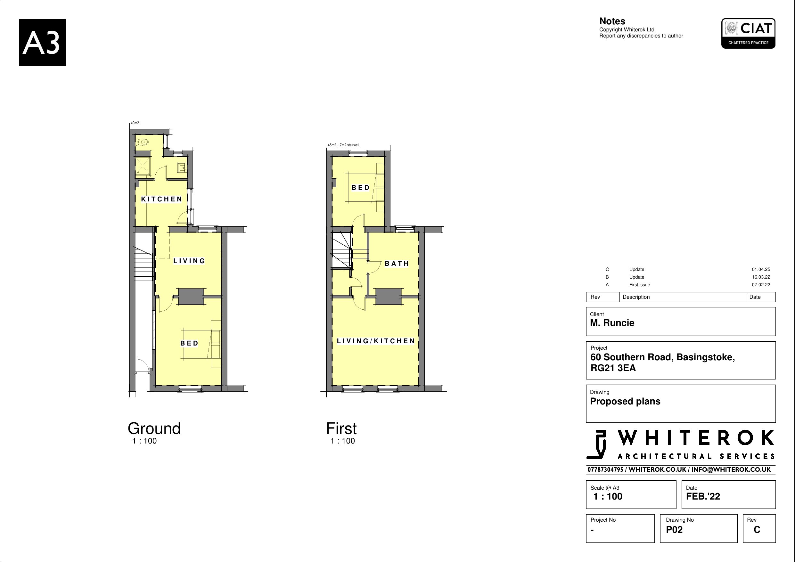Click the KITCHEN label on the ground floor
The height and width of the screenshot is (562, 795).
[161, 199]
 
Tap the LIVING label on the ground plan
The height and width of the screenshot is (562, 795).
[189, 261]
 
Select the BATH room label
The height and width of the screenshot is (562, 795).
[397, 264]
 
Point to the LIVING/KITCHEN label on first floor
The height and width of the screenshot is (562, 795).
[376, 341]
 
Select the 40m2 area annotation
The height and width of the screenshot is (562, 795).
[135, 123]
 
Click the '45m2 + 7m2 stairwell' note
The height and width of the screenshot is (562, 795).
[343, 145]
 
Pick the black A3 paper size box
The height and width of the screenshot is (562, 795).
[42, 43]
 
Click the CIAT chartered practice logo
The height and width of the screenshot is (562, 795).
[748, 34]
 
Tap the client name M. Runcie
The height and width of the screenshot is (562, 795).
[612, 323]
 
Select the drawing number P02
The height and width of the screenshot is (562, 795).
[674, 529]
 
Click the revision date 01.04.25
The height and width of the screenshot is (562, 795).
[761, 269]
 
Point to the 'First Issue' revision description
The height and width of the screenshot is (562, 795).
[639, 285]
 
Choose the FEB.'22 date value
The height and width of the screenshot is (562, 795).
[703, 496]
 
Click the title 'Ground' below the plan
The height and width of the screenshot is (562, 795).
[154, 428]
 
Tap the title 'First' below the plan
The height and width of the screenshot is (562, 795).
[341, 428]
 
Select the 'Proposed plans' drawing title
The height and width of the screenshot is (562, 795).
[625, 401]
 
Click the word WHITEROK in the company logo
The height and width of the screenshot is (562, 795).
[696, 439]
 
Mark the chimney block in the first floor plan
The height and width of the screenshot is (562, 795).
[389, 297]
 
